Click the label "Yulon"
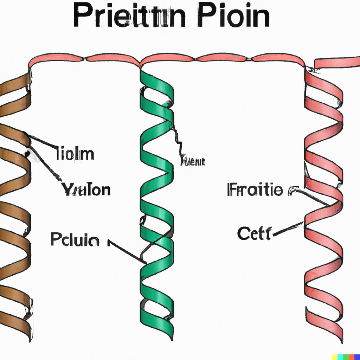click(86, 189)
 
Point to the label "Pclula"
click(75, 240)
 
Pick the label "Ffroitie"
click(255, 190)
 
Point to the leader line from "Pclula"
click(127, 251)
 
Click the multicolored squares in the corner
click(346, 356)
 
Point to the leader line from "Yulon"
click(46, 165)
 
